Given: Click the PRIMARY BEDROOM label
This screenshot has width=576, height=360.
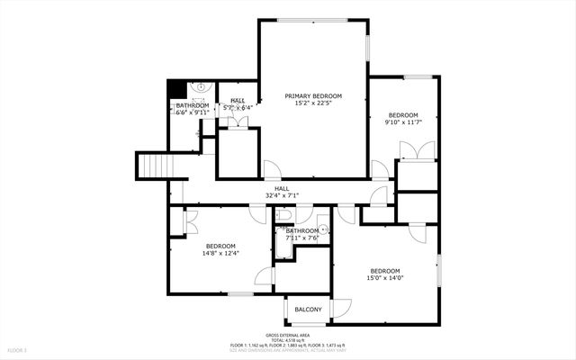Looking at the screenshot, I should pyautogui.click(x=312, y=95).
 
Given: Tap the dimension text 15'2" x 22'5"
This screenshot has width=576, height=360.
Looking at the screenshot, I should pyautogui.click(x=312, y=103).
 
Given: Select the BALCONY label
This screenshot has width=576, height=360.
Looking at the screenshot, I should pyautogui.click(x=308, y=310).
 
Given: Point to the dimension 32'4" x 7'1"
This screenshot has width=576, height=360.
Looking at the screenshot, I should pyautogui.click(x=282, y=195).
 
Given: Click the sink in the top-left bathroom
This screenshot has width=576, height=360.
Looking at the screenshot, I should pyautogui.click(x=201, y=88).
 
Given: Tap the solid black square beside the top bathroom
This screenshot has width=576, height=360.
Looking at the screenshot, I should pyautogui.click(x=176, y=89).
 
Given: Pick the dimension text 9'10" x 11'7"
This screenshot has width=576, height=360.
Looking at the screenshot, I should pyautogui.click(x=403, y=122).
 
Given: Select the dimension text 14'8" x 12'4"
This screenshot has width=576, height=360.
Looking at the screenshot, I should pyautogui.click(x=220, y=254).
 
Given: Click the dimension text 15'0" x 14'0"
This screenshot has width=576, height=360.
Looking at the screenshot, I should pyautogui.click(x=385, y=278).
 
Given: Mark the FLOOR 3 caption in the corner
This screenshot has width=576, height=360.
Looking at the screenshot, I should pyautogui.click(x=17, y=348).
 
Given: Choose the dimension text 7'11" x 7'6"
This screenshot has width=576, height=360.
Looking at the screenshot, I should pyautogui.click(x=301, y=238).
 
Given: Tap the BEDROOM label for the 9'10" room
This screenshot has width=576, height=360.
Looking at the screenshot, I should pyautogui.click(x=403, y=114).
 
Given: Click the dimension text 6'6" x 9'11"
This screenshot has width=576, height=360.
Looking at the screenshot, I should pyautogui.click(x=192, y=113).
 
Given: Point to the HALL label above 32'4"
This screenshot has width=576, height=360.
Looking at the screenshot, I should pyautogui.click(x=282, y=188).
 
